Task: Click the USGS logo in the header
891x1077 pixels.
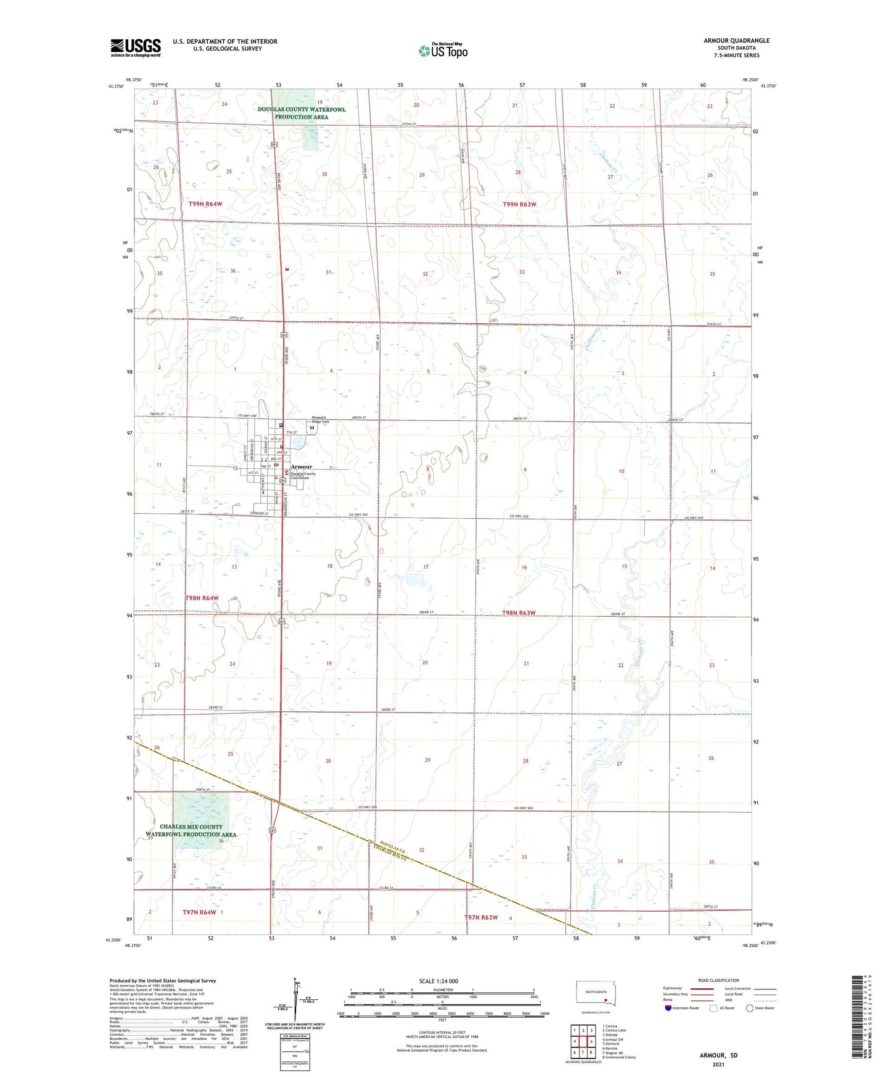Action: coord(135,47)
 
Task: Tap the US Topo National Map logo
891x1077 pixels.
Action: coord(443,51)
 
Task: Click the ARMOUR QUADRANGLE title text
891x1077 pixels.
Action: coord(736,41)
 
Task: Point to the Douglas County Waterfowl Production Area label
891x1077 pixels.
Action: coord(302,113)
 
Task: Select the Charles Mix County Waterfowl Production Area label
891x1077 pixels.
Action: coord(191,830)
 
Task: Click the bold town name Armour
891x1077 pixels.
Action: coord(302,466)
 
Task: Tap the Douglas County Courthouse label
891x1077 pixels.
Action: coord(303,476)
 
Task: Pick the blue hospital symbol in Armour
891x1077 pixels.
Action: coord(281,425)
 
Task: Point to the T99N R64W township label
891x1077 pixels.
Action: coord(205,204)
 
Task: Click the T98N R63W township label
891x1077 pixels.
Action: coord(519,613)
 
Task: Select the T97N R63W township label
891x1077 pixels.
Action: coord(480,917)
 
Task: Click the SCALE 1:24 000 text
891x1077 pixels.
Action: coord(438,981)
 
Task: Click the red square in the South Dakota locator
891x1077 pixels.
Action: coord(606,1001)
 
